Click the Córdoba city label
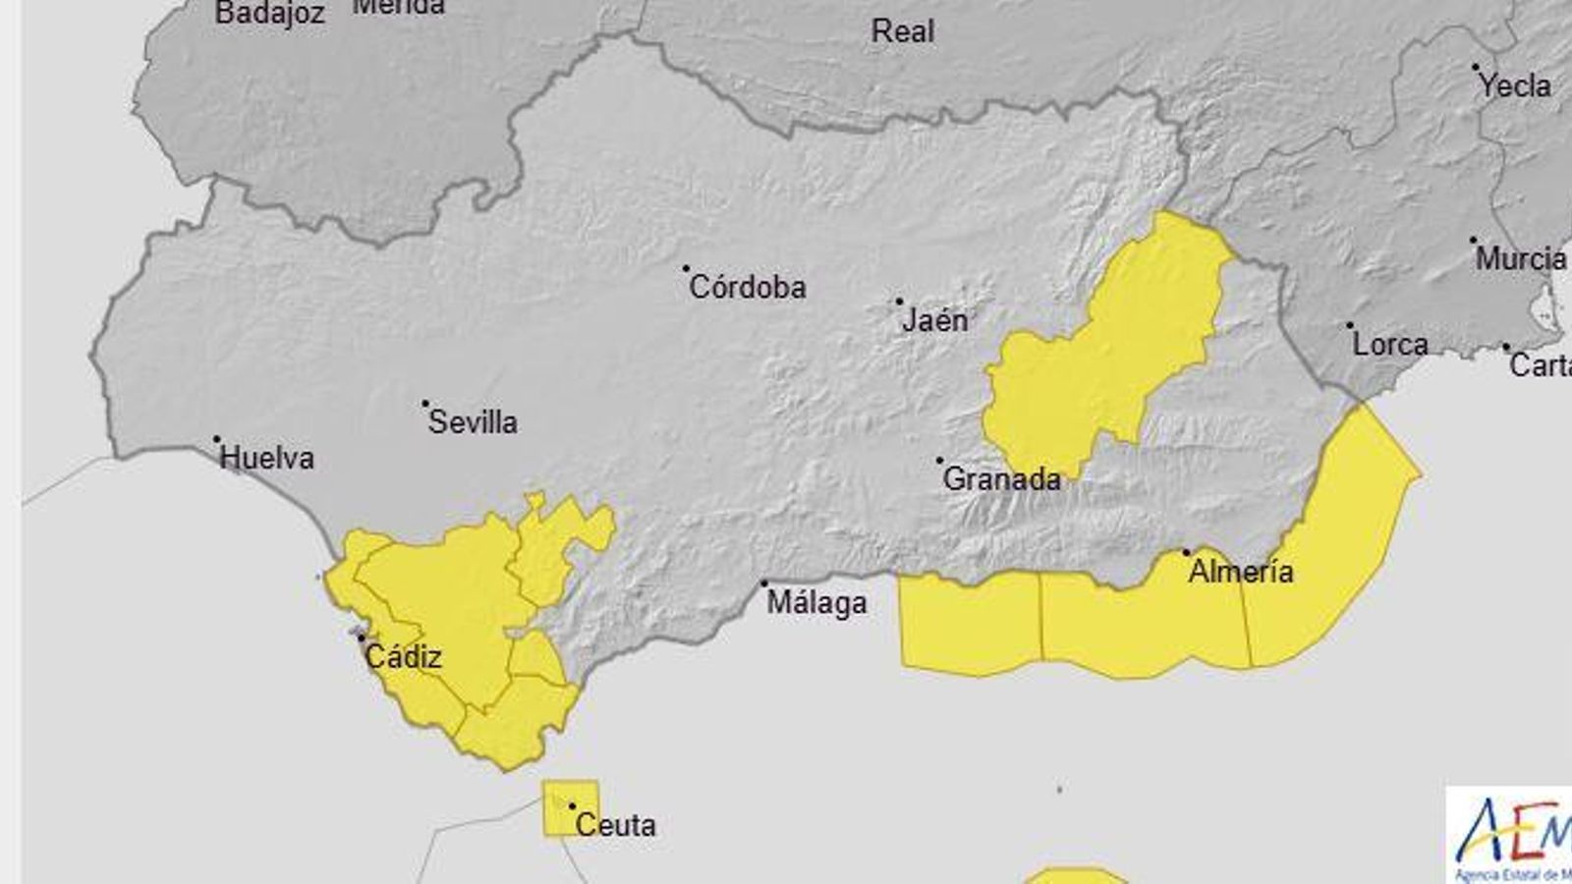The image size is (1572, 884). pyautogui.click(x=748, y=288)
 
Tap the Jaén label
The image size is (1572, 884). pyautogui.click(x=934, y=320)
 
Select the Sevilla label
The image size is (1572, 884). pyautogui.click(x=473, y=422)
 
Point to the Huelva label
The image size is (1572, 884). pyautogui.click(x=266, y=458)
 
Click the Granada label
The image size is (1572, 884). pyautogui.click(x=1001, y=479)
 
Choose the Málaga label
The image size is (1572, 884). pyautogui.click(x=816, y=602)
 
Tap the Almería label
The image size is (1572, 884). pyautogui.click(x=1241, y=571)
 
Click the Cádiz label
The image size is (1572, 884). pyautogui.click(x=403, y=657)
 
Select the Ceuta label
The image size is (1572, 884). pyautogui.click(x=615, y=825)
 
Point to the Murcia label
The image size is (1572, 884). pyautogui.click(x=1521, y=259)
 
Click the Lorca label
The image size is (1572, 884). pyautogui.click(x=1390, y=345)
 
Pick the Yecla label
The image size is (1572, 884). pyautogui.click(x=1514, y=86)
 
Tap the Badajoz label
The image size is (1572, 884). pyautogui.click(x=269, y=14)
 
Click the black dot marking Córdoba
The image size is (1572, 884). pyautogui.click(x=686, y=268)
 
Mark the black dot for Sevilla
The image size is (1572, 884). pyautogui.click(x=425, y=404)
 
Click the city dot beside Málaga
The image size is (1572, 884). pyautogui.click(x=764, y=583)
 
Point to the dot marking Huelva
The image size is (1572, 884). pyautogui.click(x=216, y=440)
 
